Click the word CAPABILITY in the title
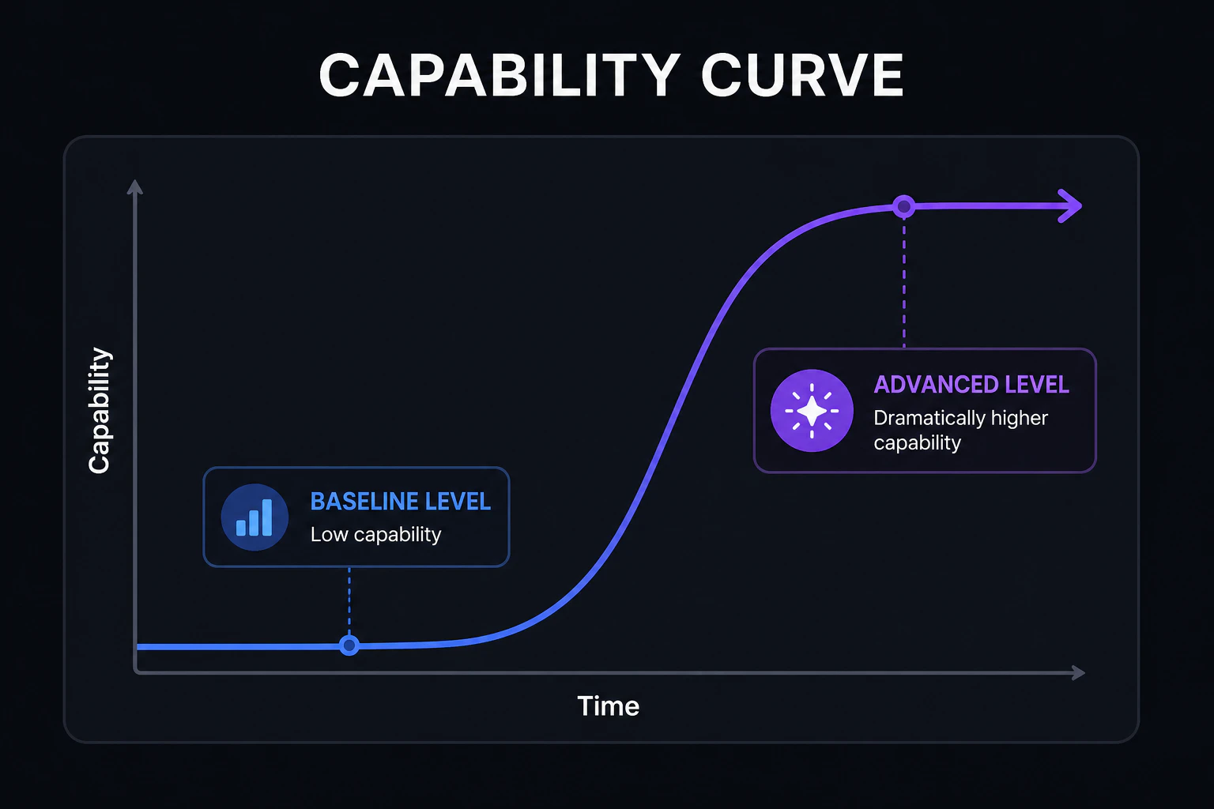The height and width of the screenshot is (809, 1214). point(500,75)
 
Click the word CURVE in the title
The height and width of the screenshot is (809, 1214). point(802,75)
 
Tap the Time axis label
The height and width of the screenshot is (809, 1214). point(608,706)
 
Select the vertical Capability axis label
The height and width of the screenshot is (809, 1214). point(100,410)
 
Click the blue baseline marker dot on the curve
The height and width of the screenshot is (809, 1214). point(349,645)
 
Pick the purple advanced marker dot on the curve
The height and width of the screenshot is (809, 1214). point(904,206)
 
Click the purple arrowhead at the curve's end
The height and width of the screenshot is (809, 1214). point(1070,206)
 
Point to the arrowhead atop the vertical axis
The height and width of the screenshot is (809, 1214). point(135,187)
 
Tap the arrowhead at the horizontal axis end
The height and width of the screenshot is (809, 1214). point(1079,673)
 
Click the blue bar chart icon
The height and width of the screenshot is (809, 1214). point(254,517)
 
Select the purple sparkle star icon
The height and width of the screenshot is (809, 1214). point(812,411)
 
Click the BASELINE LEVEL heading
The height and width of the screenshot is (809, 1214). point(401,502)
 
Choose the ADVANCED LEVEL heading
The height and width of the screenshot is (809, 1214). point(971,385)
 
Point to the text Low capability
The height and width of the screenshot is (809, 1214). point(375,535)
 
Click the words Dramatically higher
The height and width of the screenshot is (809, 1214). point(960,418)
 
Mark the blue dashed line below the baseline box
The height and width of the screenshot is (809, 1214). point(349,601)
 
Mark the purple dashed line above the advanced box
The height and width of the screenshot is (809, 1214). point(904,283)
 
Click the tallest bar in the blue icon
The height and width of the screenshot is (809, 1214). point(267,517)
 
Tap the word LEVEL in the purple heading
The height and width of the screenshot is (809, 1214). point(1037,385)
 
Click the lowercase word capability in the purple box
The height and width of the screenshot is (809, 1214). point(917,443)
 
